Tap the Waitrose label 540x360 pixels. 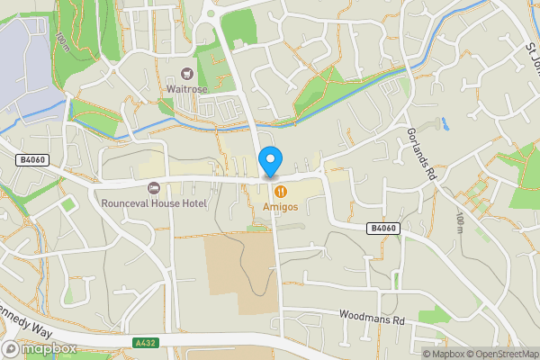click(x=187, y=88)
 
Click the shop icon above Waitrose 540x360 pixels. click(x=187, y=74)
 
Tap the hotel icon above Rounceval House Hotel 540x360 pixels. click(x=153, y=188)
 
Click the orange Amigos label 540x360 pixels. click(x=281, y=207)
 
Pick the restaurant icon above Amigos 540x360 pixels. click(x=282, y=191)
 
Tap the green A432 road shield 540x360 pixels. click(x=146, y=343)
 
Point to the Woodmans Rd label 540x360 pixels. click(x=373, y=316)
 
